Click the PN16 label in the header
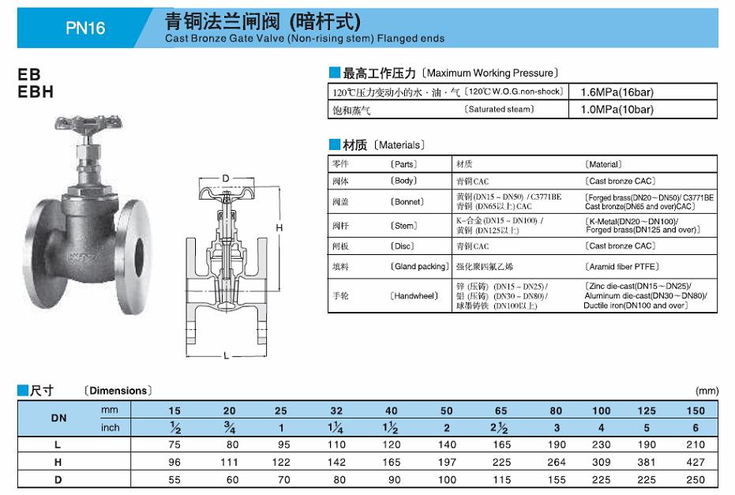[x=85, y=28]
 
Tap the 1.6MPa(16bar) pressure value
[x=617, y=92]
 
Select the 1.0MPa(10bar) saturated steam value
[x=617, y=110]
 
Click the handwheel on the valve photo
[x=88, y=123]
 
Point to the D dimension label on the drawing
[x=226, y=178]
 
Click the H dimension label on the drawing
[x=279, y=228]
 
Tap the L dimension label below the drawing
[x=227, y=356]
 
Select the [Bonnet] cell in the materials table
[x=407, y=202]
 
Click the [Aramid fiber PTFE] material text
[x=621, y=267]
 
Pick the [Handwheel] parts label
[x=414, y=296]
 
